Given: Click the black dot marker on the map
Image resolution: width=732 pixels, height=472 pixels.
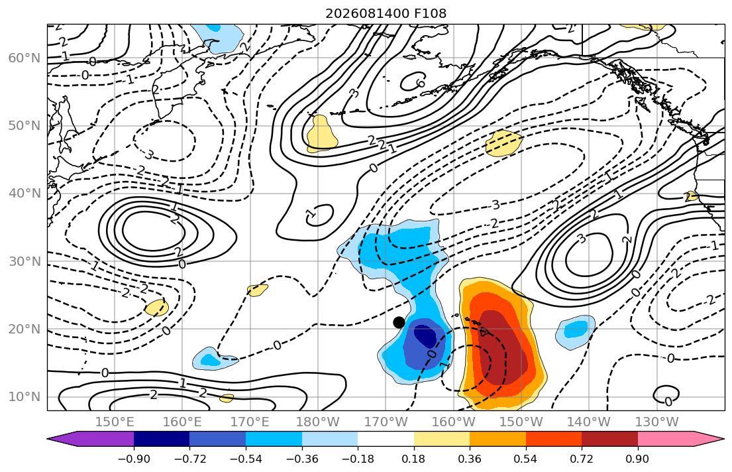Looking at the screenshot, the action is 399,322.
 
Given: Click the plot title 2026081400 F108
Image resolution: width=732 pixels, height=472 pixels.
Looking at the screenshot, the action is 386,13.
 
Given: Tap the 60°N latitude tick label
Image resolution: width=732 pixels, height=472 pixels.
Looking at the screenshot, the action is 25,58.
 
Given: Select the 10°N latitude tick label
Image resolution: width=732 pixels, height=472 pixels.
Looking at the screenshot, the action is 25,397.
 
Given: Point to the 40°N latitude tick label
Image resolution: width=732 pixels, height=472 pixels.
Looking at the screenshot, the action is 25,194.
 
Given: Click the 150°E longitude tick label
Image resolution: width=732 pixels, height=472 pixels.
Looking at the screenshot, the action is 115,422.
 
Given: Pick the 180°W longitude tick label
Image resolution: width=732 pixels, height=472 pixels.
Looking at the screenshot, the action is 318,422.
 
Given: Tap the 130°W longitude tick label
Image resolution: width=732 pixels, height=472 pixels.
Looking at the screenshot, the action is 657,422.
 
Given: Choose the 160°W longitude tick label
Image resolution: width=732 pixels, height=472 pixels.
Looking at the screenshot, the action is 453,422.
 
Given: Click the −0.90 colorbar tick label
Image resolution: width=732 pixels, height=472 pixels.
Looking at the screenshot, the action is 134,459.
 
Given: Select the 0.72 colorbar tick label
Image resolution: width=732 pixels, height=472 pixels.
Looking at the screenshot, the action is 582,459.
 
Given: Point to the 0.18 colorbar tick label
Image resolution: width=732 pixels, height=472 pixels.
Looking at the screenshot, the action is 413,459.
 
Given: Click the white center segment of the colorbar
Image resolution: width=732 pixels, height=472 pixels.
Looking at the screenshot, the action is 386,439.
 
